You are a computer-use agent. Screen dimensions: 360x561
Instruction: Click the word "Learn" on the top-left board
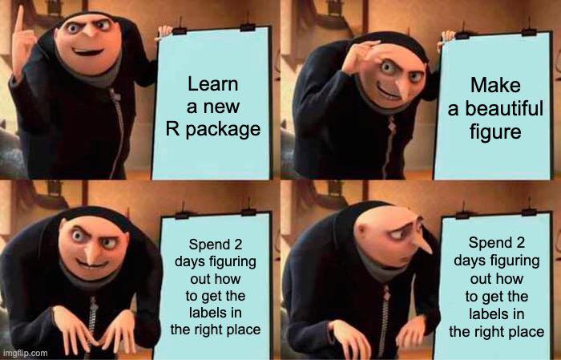pos(212,85)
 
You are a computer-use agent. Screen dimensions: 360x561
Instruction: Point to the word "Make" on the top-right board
pos(496,85)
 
